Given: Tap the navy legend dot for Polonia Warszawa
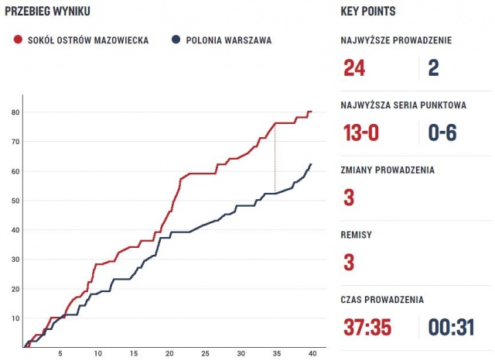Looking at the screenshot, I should point(177,40).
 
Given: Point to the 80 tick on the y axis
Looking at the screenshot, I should point(15,112).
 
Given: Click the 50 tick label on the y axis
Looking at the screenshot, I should point(15,201).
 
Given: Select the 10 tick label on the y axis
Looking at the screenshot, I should point(15,318).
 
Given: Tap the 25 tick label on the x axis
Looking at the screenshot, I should point(204,355).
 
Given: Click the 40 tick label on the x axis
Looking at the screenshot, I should point(311,355).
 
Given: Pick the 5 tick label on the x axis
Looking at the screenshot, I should point(61,355).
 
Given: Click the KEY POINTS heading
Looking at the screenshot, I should point(368,12).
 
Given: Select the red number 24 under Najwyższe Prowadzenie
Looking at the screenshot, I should point(353,69).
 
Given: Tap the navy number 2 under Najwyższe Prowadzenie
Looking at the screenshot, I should point(433,69).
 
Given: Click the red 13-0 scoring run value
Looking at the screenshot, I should point(361,132).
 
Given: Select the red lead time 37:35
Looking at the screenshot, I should point(368,326).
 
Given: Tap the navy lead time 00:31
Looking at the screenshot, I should point(451,326).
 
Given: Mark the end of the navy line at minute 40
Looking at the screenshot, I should point(310,164).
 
